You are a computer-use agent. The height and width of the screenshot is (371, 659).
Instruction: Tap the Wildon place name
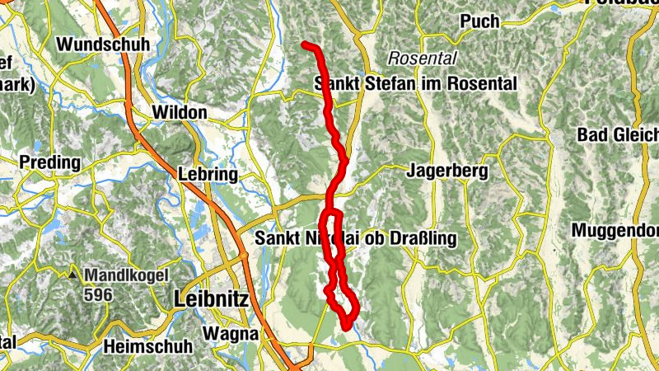[180, 112]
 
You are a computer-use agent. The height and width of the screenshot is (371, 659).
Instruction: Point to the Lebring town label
[208, 175]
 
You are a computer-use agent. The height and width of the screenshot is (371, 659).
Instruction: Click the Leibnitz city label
[212, 301]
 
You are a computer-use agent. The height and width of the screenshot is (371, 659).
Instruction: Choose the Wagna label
[231, 335]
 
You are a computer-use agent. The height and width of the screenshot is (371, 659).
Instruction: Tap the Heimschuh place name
[143, 347]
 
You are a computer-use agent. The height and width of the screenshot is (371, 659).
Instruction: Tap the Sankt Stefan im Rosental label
[415, 83]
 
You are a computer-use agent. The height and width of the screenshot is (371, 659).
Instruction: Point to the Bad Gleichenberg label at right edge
[618, 134]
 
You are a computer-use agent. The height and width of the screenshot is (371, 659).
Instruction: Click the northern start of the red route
[305, 44]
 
